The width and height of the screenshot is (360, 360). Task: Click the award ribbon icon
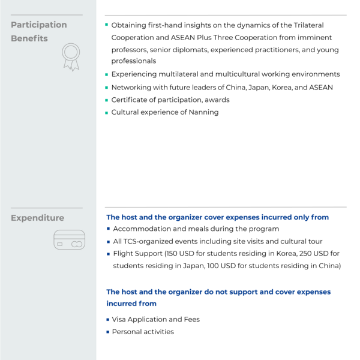coord(71,57)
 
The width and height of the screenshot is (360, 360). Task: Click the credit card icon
coord(69,240)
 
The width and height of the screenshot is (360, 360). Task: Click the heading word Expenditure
coord(37,218)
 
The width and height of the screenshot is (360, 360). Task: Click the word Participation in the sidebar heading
coord(39,25)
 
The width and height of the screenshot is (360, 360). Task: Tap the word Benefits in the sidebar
coord(29,38)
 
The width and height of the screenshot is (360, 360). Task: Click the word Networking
coord(133,87)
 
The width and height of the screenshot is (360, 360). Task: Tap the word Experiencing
coord(135,74)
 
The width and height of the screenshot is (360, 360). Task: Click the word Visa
coord(121,319)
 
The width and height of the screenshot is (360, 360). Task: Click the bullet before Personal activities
coord(108,332)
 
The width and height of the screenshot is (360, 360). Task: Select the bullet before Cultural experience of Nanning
coord(107,112)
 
